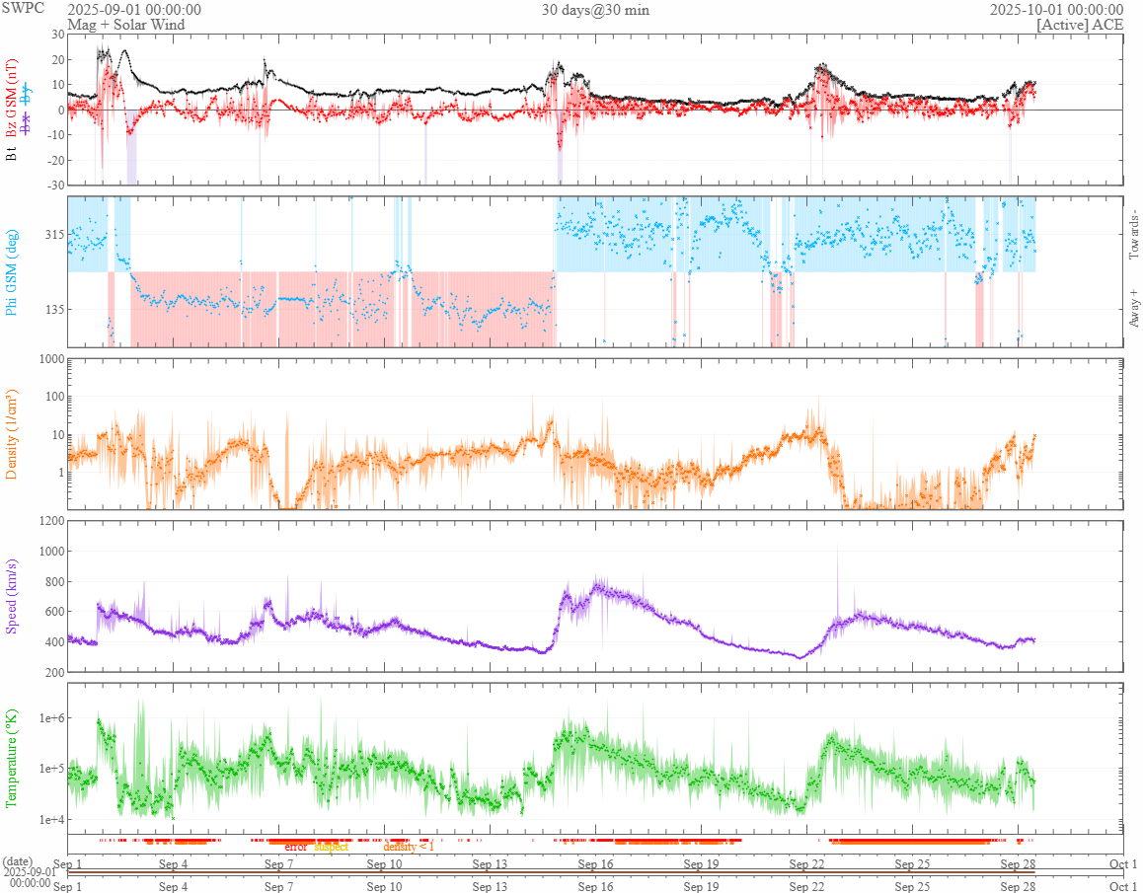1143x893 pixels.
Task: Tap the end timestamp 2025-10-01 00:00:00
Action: [x=1057, y=9]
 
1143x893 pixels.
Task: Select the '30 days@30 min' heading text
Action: [x=595, y=10]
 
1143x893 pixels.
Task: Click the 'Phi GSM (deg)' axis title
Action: [x=13, y=271]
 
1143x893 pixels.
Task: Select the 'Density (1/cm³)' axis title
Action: [x=13, y=434]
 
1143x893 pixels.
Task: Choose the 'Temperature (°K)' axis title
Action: [x=13, y=758]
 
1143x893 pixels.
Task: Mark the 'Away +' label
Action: [x=1133, y=307]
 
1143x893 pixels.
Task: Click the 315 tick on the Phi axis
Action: [x=51, y=235]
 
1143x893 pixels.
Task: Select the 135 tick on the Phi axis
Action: [x=51, y=309]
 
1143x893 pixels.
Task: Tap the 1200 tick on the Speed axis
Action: [x=48, y=521]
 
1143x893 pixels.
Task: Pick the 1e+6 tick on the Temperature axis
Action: [x=47, y=718]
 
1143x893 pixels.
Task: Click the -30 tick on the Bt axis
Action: [x=53, y=186]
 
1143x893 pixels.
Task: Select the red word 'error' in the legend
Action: [x=296, y=847]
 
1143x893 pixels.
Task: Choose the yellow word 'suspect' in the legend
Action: [x=332, y=847]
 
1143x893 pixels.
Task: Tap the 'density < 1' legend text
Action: [x=409, y=847]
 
